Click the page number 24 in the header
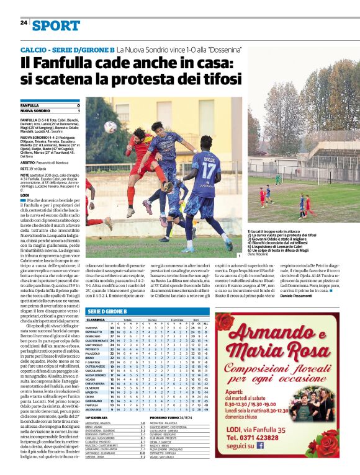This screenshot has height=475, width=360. point(24,23)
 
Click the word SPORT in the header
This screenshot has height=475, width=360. point(56,25)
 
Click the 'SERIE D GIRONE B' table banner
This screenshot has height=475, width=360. point(111,311)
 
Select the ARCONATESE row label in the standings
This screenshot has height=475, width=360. point(96,410)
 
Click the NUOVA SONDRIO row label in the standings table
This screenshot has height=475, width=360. point(96,375)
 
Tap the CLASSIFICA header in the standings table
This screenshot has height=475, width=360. point(96,319)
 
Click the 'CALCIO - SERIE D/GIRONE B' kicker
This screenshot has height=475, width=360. point(67,48)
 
